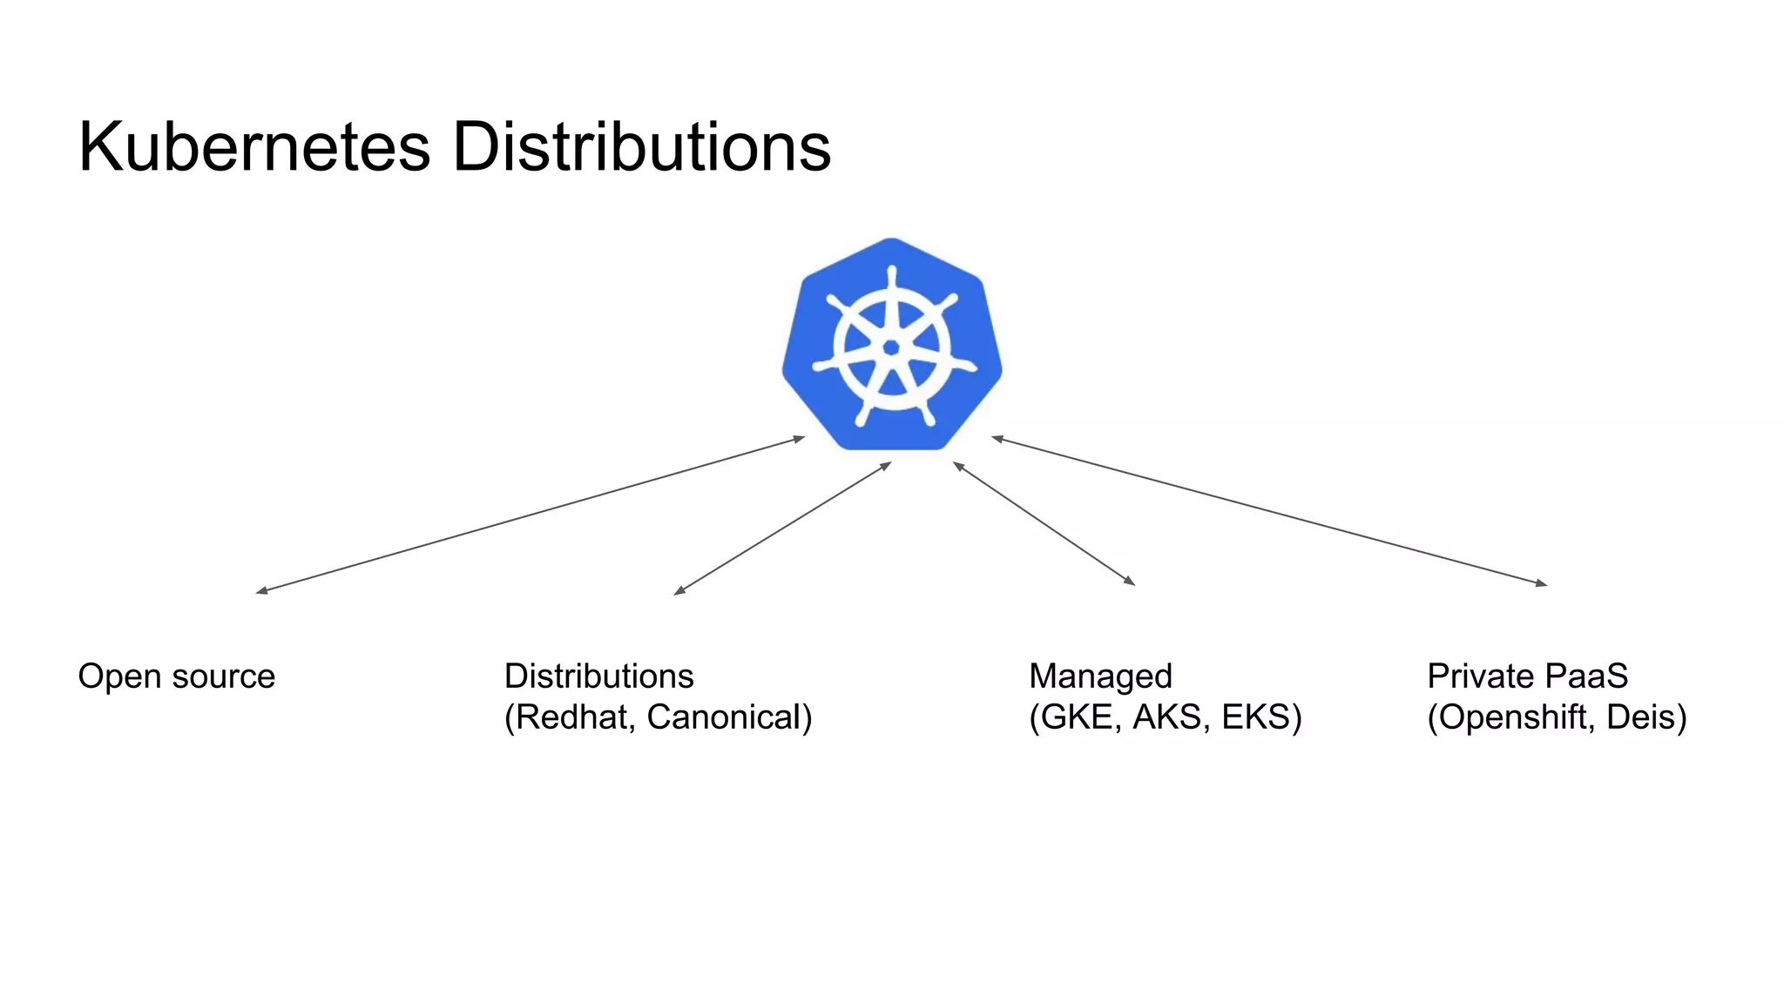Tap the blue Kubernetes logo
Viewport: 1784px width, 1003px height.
[891, 344]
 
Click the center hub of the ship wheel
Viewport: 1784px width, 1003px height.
[891, 348]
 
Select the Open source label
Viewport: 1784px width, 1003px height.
[177, 677]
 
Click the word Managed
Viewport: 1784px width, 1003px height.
[1100, 677]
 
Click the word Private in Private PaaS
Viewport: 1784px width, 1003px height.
[1480, 677]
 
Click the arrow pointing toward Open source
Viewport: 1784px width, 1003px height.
[530, 515]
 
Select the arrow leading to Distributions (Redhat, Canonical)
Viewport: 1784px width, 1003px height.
[782, 528]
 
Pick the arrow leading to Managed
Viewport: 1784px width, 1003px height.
[1044, 523]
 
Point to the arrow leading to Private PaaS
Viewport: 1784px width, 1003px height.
[1269, 510]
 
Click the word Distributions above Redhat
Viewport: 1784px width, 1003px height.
[598, 677]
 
